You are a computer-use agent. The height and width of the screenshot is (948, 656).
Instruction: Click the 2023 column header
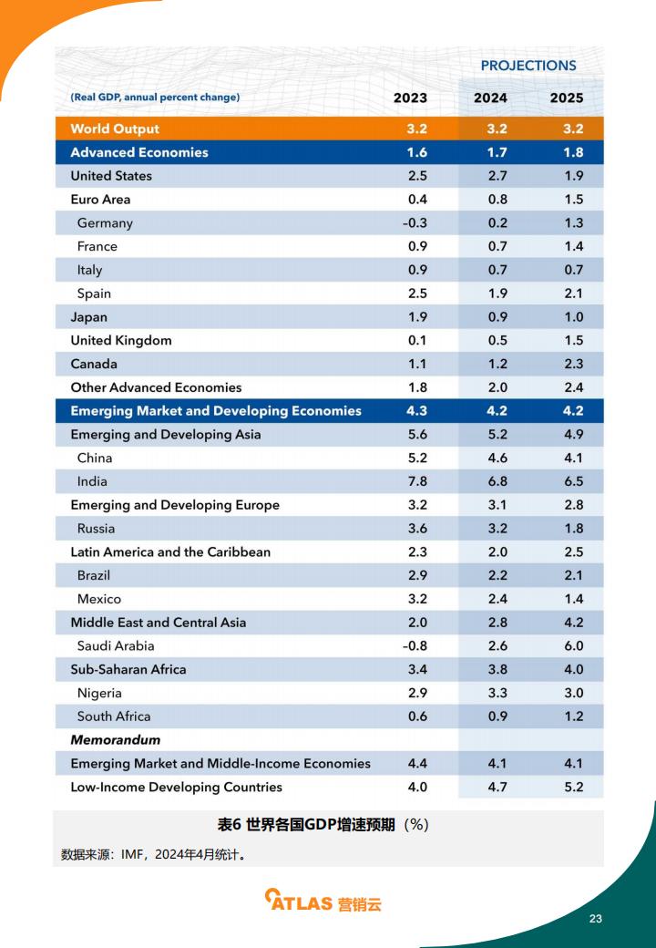[x=410, y=98]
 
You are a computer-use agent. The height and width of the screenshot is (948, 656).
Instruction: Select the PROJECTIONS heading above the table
[x=528, y=66]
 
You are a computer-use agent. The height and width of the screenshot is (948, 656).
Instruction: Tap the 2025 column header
[x=567, y=98]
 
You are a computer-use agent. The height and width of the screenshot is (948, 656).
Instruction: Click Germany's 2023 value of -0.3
[x=415, y=222]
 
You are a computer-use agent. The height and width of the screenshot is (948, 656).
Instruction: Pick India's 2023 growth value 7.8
[x=417, y=481]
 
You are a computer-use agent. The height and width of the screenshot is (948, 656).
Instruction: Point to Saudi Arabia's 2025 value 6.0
[x=574, y=645]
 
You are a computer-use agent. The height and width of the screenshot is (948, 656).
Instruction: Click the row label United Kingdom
[x=121, y=340]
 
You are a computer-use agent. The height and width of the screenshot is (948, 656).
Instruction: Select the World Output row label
[x=115, y=129]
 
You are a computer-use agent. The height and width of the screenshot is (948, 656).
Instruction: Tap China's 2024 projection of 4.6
[x=497, y=458]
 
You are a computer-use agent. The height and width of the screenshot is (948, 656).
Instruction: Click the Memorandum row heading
[x=116, y=739]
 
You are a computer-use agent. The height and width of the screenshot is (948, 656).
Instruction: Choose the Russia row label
[x=96, y=529]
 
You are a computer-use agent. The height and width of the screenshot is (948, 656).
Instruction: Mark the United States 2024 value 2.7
[x=497, y=175]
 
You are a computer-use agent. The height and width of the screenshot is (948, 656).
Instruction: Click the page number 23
[x=596, y=919]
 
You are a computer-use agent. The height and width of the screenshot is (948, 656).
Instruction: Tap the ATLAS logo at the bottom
[x=323, y=901]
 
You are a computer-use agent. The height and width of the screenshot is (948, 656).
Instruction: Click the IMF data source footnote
[x=154, y=854]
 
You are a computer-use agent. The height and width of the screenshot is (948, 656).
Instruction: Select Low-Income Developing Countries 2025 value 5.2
[x=574, y=787]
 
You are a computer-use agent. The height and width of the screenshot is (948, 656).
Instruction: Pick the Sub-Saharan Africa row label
[x=128, y=669]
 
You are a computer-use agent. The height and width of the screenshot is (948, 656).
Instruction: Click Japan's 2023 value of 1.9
[x=417, y=317]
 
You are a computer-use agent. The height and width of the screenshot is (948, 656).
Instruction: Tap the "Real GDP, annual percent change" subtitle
[x=155, y=97]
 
